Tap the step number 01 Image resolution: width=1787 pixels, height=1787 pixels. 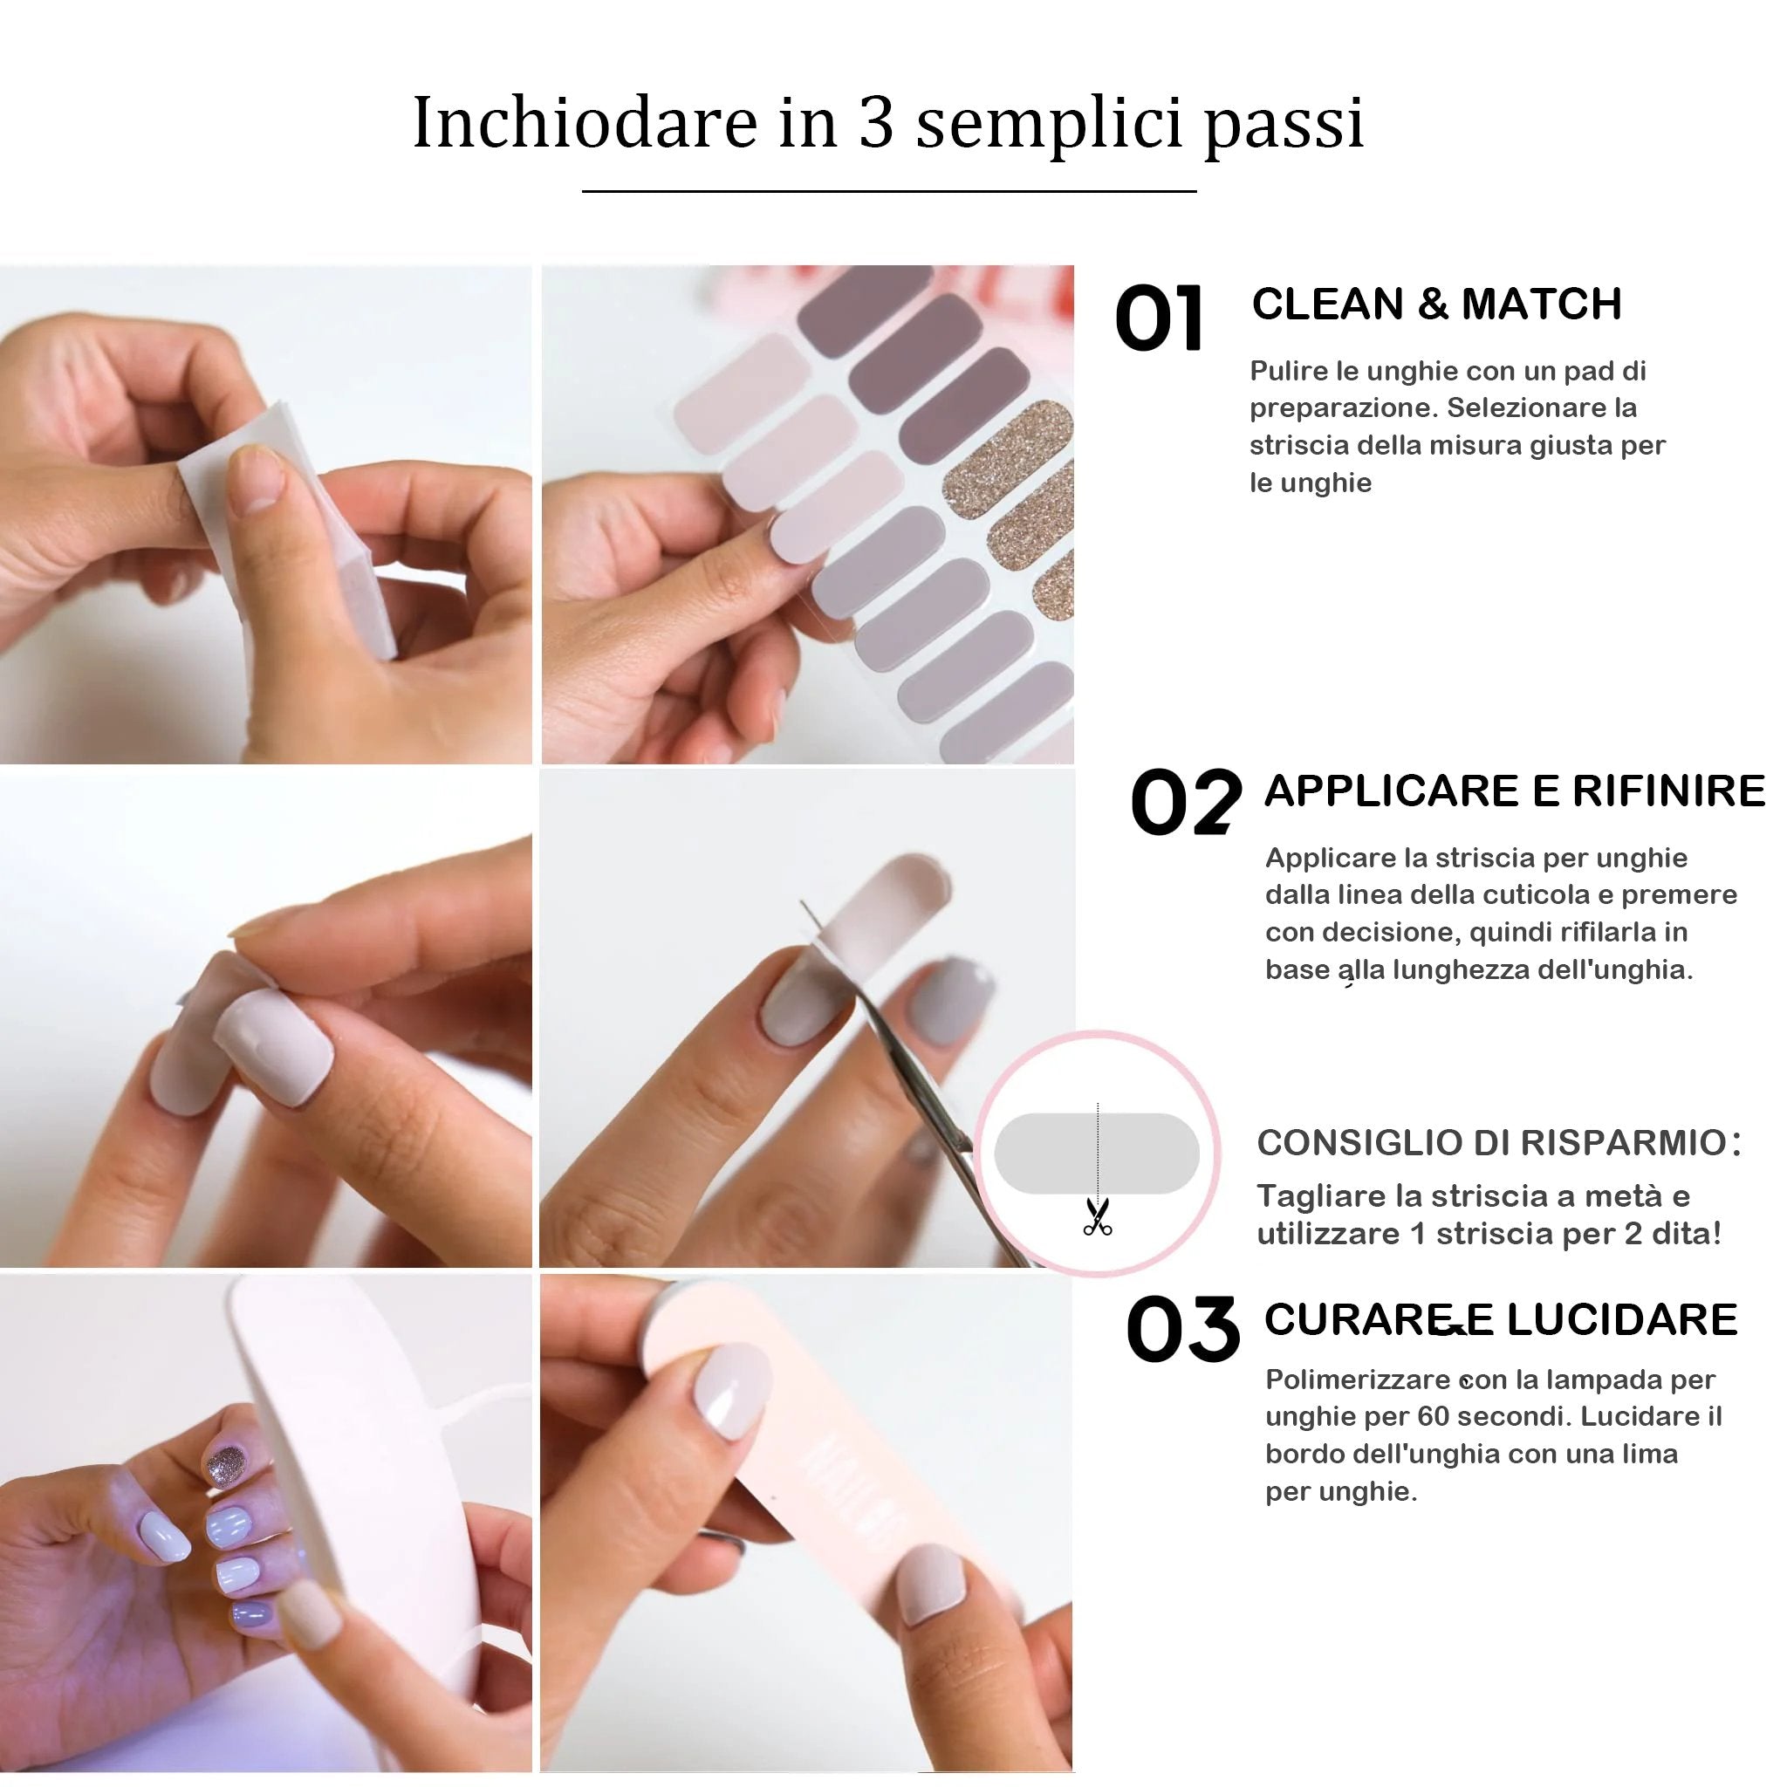click(1160, 319)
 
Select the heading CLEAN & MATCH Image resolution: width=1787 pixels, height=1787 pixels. click(1435, 305)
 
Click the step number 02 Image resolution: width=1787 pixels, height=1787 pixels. click(1185, 802)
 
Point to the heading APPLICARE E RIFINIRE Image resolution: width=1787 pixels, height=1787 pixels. click(1514, 791)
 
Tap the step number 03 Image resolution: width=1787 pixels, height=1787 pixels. click(1182, 1329)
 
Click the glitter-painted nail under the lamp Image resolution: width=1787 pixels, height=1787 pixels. click(225, 1467)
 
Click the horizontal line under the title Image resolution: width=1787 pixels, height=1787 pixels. click(888, 191)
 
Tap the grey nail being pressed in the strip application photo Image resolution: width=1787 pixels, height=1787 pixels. click(275, 1045)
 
